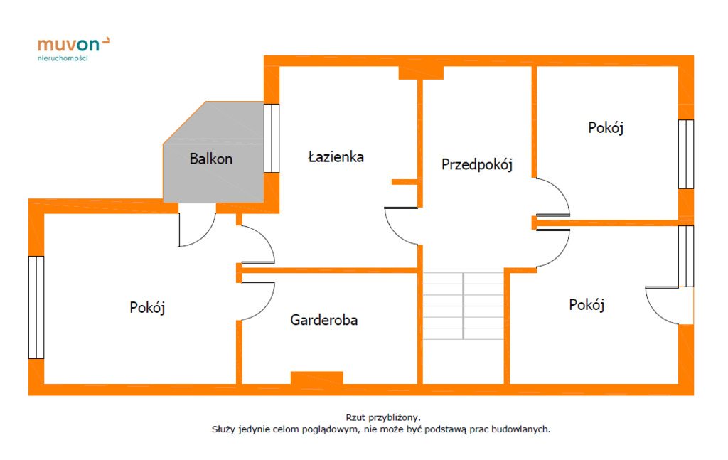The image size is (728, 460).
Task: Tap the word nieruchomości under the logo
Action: point(63,58)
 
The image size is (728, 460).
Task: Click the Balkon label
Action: point(210,159)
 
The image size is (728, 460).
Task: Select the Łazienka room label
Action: point(336,156)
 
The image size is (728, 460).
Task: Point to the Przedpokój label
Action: point(477,164)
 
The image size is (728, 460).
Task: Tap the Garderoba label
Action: point(323,320)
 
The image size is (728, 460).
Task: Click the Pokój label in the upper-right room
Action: point(606,127)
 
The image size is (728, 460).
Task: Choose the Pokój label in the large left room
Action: point(147,307)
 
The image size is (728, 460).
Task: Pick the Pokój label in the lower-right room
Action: point(587,304)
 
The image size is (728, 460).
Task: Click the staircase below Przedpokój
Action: point(464,306)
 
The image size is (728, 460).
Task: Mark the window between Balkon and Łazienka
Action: point(272,139)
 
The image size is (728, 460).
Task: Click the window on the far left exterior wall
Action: point(36,307)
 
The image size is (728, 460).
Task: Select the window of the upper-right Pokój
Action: point(686,154)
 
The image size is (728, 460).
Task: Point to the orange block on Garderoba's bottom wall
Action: point(317,378)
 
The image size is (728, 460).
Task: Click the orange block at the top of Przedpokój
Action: point(421,73)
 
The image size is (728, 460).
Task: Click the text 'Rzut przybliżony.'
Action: point(383,418)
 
